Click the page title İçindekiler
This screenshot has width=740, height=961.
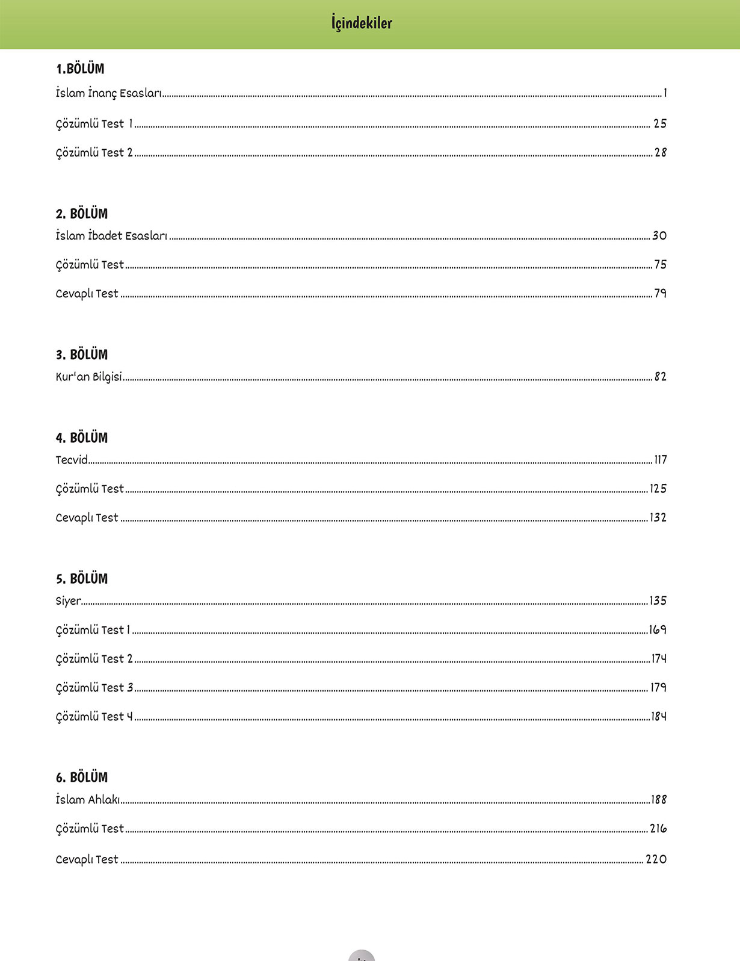362,23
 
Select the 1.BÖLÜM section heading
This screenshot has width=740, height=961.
80,69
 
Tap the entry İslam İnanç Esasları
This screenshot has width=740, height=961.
108,93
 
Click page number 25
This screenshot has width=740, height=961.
660,123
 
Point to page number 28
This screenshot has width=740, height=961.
660,153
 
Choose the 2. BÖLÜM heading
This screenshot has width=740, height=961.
82,214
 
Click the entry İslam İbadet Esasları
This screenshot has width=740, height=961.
111,236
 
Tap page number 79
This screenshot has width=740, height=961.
660,294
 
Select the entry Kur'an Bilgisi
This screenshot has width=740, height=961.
89,377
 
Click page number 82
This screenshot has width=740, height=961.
660,377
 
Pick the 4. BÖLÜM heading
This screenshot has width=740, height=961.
82,438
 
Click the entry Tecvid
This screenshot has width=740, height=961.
72,460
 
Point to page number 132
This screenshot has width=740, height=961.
658,518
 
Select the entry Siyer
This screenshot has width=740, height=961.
68,601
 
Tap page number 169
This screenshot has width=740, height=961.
658,629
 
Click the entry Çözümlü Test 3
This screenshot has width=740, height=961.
94,687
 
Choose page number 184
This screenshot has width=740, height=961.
659,716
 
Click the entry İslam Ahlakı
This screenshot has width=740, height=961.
88,800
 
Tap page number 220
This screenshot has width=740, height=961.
656,859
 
